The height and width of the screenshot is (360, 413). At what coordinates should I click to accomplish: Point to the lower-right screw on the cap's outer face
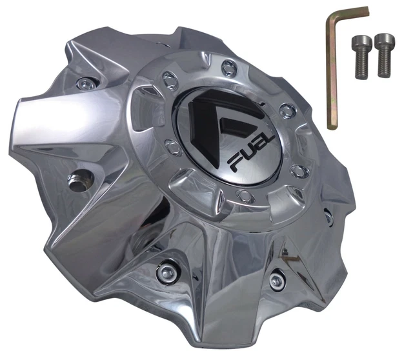[x=277, y=279]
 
